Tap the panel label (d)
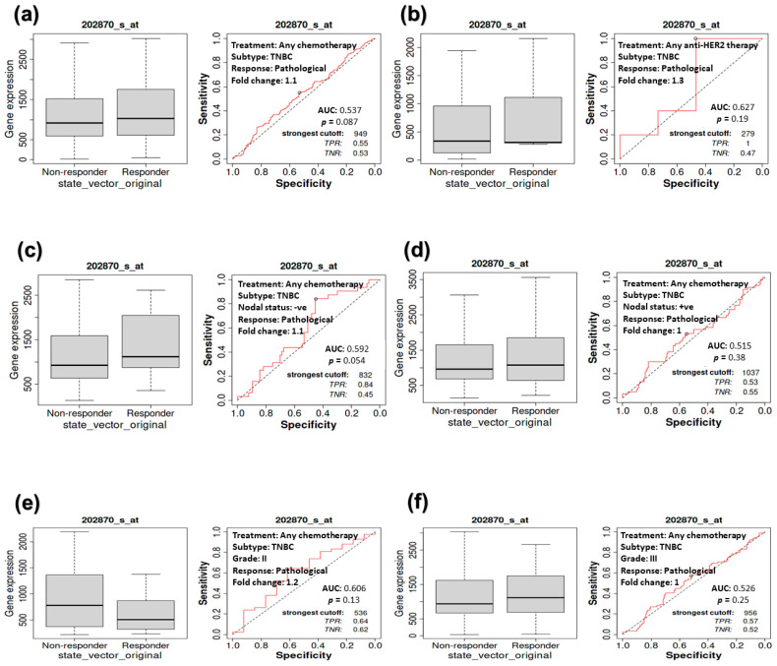click(404, 248)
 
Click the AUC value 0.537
click(347, 109)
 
